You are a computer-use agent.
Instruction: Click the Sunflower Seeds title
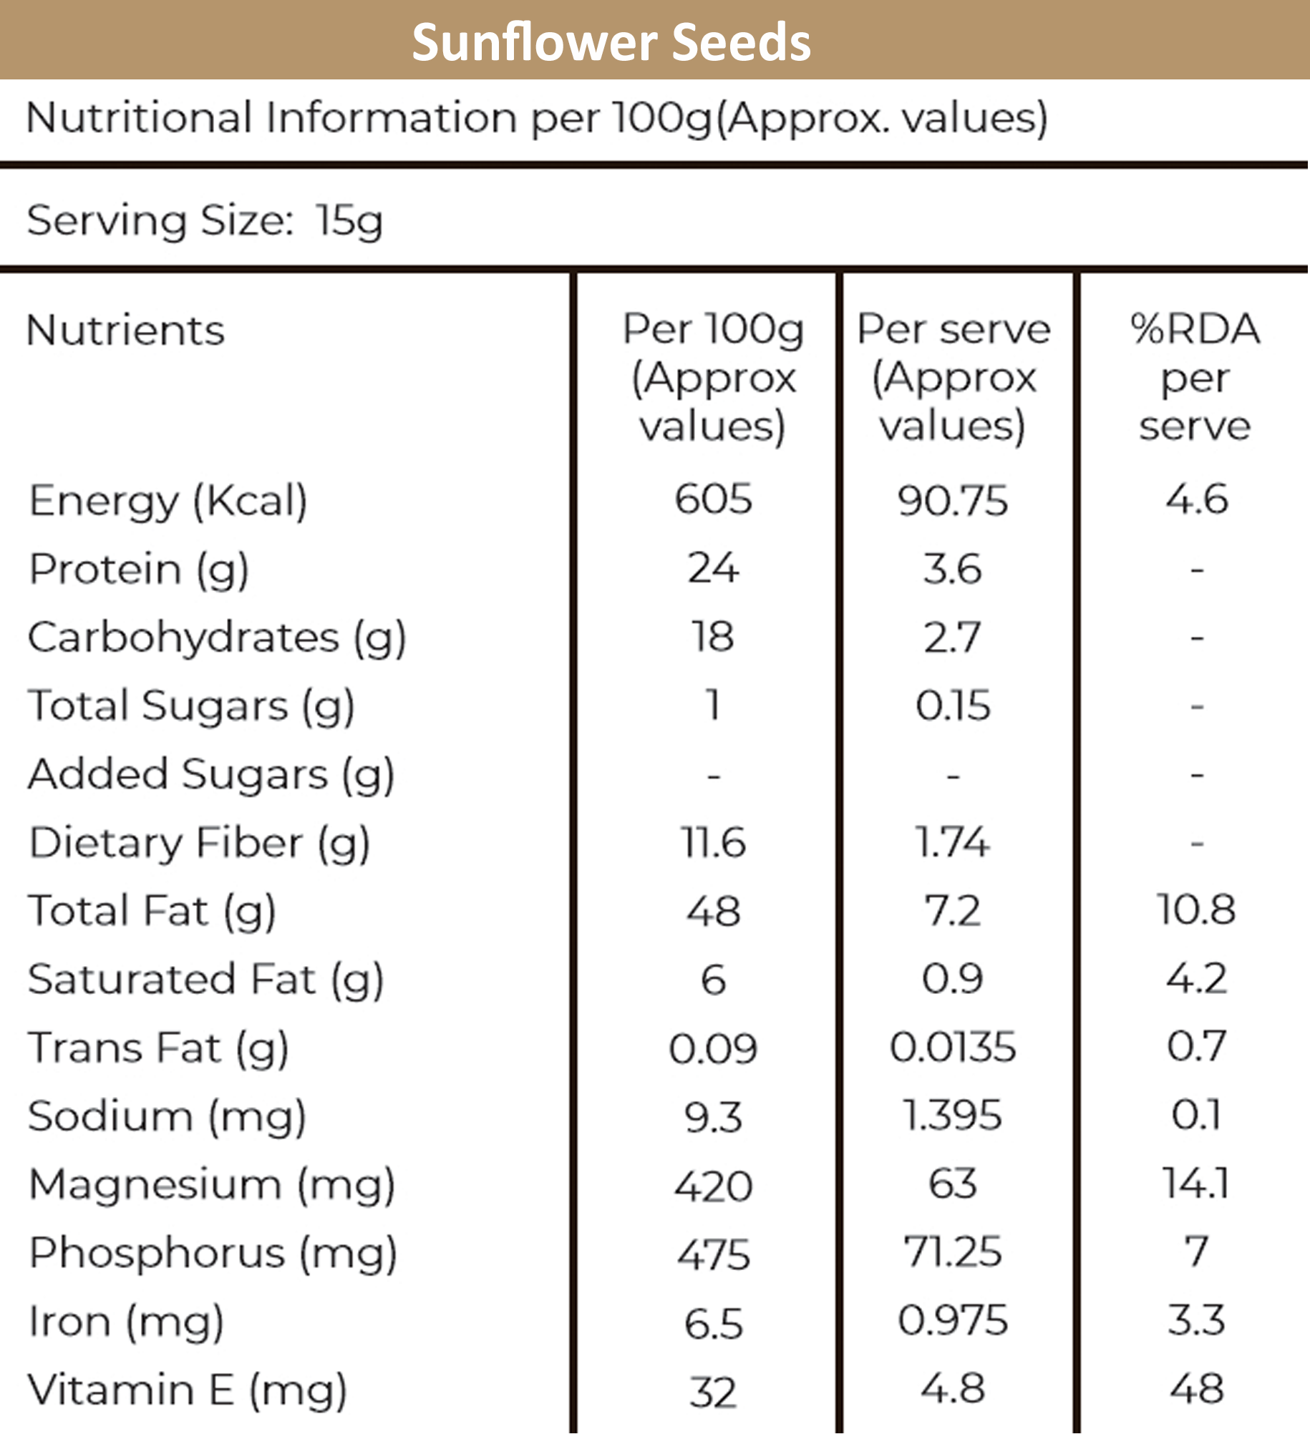pos(611,42)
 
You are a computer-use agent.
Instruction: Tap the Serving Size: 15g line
pos(205,220)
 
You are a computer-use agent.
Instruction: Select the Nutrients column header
pos(125,331)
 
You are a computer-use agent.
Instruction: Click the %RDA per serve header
pos(1195,377)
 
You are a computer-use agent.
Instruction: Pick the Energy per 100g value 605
pos(713,499)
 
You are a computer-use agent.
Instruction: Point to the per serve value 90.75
pos(953,500)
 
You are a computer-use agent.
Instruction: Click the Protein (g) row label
pos(139,570)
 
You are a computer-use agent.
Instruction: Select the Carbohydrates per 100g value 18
pos(713,636)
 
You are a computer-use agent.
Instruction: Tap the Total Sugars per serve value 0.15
pos(953,705)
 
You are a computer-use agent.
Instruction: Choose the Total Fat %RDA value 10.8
pos(1196,909)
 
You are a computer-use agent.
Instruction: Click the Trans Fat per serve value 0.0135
pos(953,1047)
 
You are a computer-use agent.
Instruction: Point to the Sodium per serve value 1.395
pos(953,1115)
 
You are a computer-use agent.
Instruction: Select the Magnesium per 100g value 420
pos(713,1186)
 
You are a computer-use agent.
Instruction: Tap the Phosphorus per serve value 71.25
pos(953,1252)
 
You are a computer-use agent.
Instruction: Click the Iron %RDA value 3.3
pos(1196,1320)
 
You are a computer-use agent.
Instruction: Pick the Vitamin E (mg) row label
pos(188,1390)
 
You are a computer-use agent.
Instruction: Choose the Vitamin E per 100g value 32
pos(713,1392)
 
